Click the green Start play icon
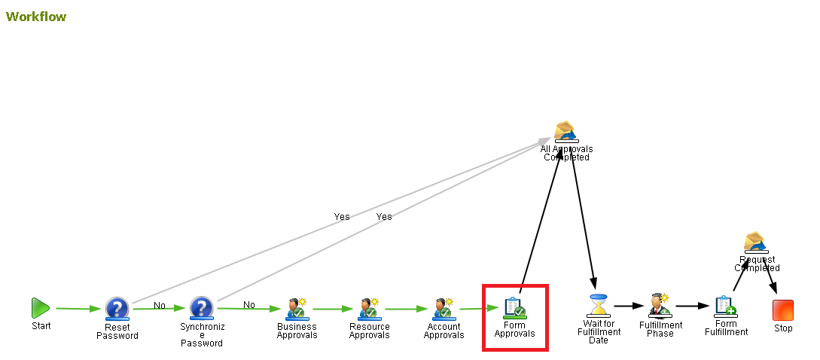point(41,307)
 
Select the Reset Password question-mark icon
point(117,308)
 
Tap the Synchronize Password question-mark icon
point(201,308)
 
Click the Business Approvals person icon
point(296,308)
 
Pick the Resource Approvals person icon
point(368,308)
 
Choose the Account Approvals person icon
point(443,308)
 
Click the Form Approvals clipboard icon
point(514,307)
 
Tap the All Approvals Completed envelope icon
point(565,131)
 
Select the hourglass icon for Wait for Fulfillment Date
point(599,305)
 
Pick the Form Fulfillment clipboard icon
point(725,306)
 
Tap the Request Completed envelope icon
point(756,242)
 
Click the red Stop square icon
point(783,310)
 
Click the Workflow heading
point(36,17)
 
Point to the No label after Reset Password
point(160,305)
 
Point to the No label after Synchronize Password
point(249,305)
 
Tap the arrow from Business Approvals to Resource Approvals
point(332,308)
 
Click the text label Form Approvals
point(514,330)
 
